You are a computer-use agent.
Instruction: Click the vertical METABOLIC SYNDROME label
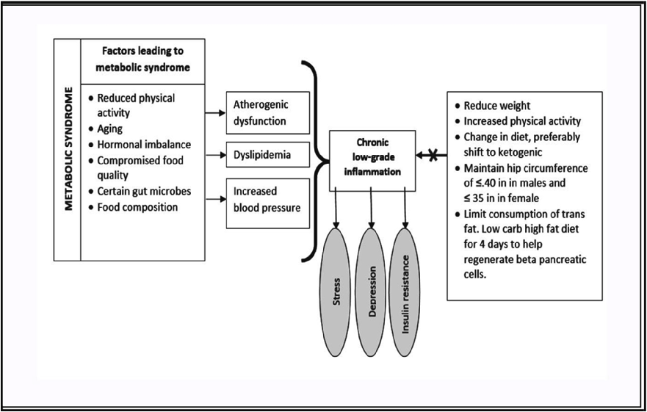[x=68, y=150]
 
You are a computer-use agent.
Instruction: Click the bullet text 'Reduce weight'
[x=497, y=106]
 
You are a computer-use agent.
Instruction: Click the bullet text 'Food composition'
[x=137, y=207]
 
